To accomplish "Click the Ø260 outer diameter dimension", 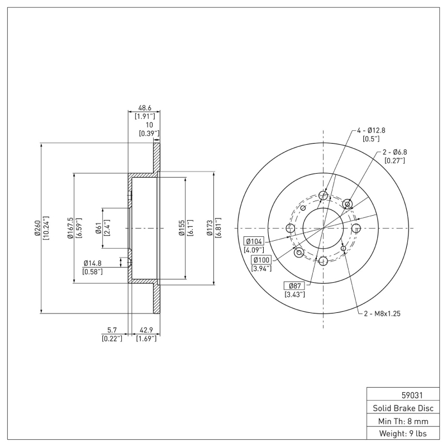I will tap(38, 229).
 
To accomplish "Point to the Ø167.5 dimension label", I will tap(70, 229).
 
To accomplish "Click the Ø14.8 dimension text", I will tap(92, 263).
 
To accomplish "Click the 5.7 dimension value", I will tap(112, 330).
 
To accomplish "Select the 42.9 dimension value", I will tap(145, 330).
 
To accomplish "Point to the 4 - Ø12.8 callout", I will tap(372, 130).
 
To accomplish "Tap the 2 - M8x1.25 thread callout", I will tap(383, 313).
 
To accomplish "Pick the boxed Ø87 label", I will tap(294, 286).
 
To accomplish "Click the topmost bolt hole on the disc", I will tap(323, 196).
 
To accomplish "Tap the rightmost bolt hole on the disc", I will tap(356, 228).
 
